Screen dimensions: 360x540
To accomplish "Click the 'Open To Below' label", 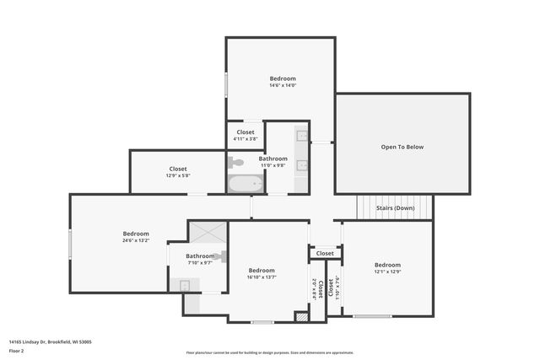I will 402,147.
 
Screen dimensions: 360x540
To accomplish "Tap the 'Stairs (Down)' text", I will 394,207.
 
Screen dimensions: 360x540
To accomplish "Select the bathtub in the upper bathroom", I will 246,184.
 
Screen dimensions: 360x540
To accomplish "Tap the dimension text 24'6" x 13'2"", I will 136,240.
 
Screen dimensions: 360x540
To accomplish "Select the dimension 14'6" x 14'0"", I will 283,85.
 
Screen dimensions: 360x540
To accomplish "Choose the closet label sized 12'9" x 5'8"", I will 177,175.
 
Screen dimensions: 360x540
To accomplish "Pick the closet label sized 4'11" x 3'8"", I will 245,139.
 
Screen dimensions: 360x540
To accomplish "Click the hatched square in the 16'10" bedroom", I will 300,316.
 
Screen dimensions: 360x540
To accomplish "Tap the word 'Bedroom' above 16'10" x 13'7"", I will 262,270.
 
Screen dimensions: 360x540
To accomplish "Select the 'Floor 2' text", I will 17,350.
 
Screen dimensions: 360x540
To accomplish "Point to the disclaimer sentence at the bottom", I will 269,352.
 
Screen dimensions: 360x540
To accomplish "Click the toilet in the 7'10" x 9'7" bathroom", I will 219,255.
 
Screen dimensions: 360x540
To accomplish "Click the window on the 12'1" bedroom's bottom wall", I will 371,316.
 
